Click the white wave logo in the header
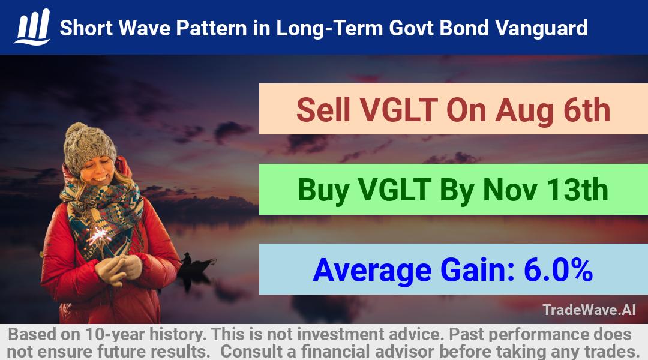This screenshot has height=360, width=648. tap(32, 27)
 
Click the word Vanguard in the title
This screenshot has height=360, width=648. tap(541, 28)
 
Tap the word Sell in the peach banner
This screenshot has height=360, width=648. tap(323, 110)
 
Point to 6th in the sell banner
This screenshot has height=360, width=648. tap(587, 110)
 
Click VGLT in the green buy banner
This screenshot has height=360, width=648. tap(394, 190)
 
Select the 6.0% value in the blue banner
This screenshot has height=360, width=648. tap(559, 270)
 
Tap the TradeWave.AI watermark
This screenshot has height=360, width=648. tap(589, 310)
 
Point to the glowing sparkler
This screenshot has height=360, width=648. tap(98, 236)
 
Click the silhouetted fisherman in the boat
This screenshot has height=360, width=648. tap(187, 260)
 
